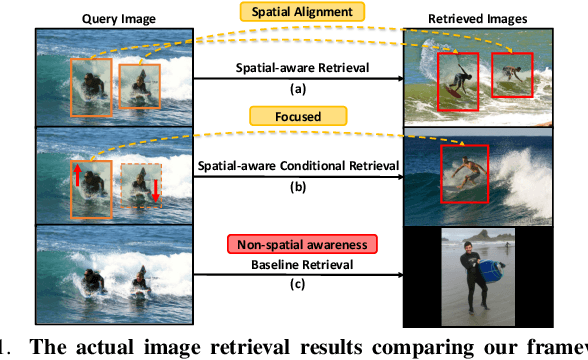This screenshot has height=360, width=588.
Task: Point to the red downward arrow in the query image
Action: [155, 189]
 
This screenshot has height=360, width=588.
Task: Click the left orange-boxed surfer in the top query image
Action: [91, 82]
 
